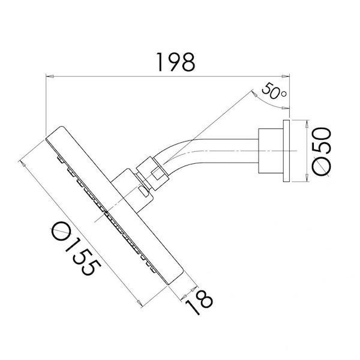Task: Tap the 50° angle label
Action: point(274,93)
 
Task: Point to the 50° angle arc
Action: point(274,106)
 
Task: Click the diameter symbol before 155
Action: point(59,230)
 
